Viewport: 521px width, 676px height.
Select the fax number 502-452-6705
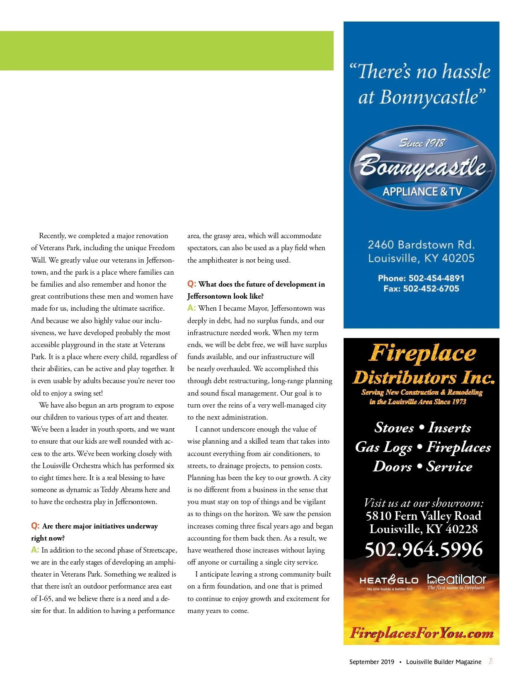tap(431, 289)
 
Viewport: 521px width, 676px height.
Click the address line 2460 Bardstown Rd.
tap(421, 245)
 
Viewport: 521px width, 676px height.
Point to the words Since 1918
tap(422, 143)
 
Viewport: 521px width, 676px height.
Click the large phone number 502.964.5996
tap(424, 550)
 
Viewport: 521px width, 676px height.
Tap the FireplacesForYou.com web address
tap(422, 633)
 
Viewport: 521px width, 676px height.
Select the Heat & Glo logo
tap(389, 582)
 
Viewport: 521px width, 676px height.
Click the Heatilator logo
tap(456, 581)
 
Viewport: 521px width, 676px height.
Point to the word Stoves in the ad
tap(394, 427)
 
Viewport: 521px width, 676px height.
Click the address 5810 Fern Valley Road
tap(423, 516)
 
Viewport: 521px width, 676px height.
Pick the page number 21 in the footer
tap(491, 662)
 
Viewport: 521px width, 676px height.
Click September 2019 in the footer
tap(371, 662)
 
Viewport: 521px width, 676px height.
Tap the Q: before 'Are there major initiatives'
tap(35, 526)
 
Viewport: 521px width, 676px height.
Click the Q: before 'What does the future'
tap(191, 284)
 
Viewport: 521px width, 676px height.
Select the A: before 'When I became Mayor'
tap(191, 308)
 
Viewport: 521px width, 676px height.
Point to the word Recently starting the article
tap(52, 236)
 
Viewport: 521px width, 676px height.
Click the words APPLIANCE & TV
tap(422, 192)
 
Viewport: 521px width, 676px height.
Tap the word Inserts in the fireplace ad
tap(450, 427)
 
